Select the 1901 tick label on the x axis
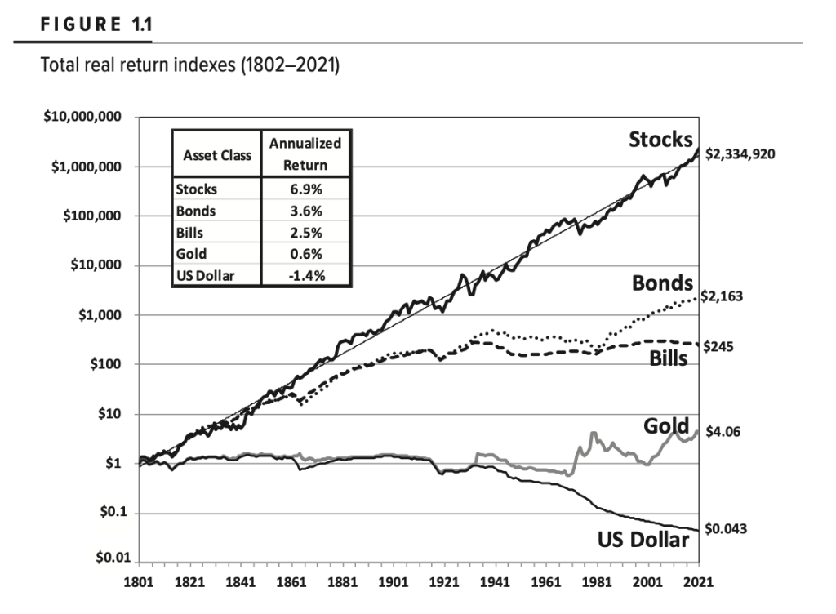(x=393, y=583)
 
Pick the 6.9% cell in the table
(x=305, y=189)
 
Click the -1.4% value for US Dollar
(x=305, y=275)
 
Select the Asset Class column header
(x=216, y=155)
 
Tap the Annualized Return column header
(x=305, y=153)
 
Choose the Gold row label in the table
(x=191, y=254)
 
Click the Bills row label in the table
(x=190, y=233)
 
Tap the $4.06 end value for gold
(x=722, y=431)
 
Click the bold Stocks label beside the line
(x=660, y=140)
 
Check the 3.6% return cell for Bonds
(x=305, y=211)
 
